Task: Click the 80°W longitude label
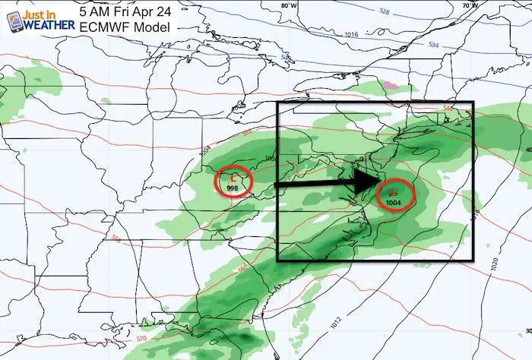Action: (288, 5)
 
